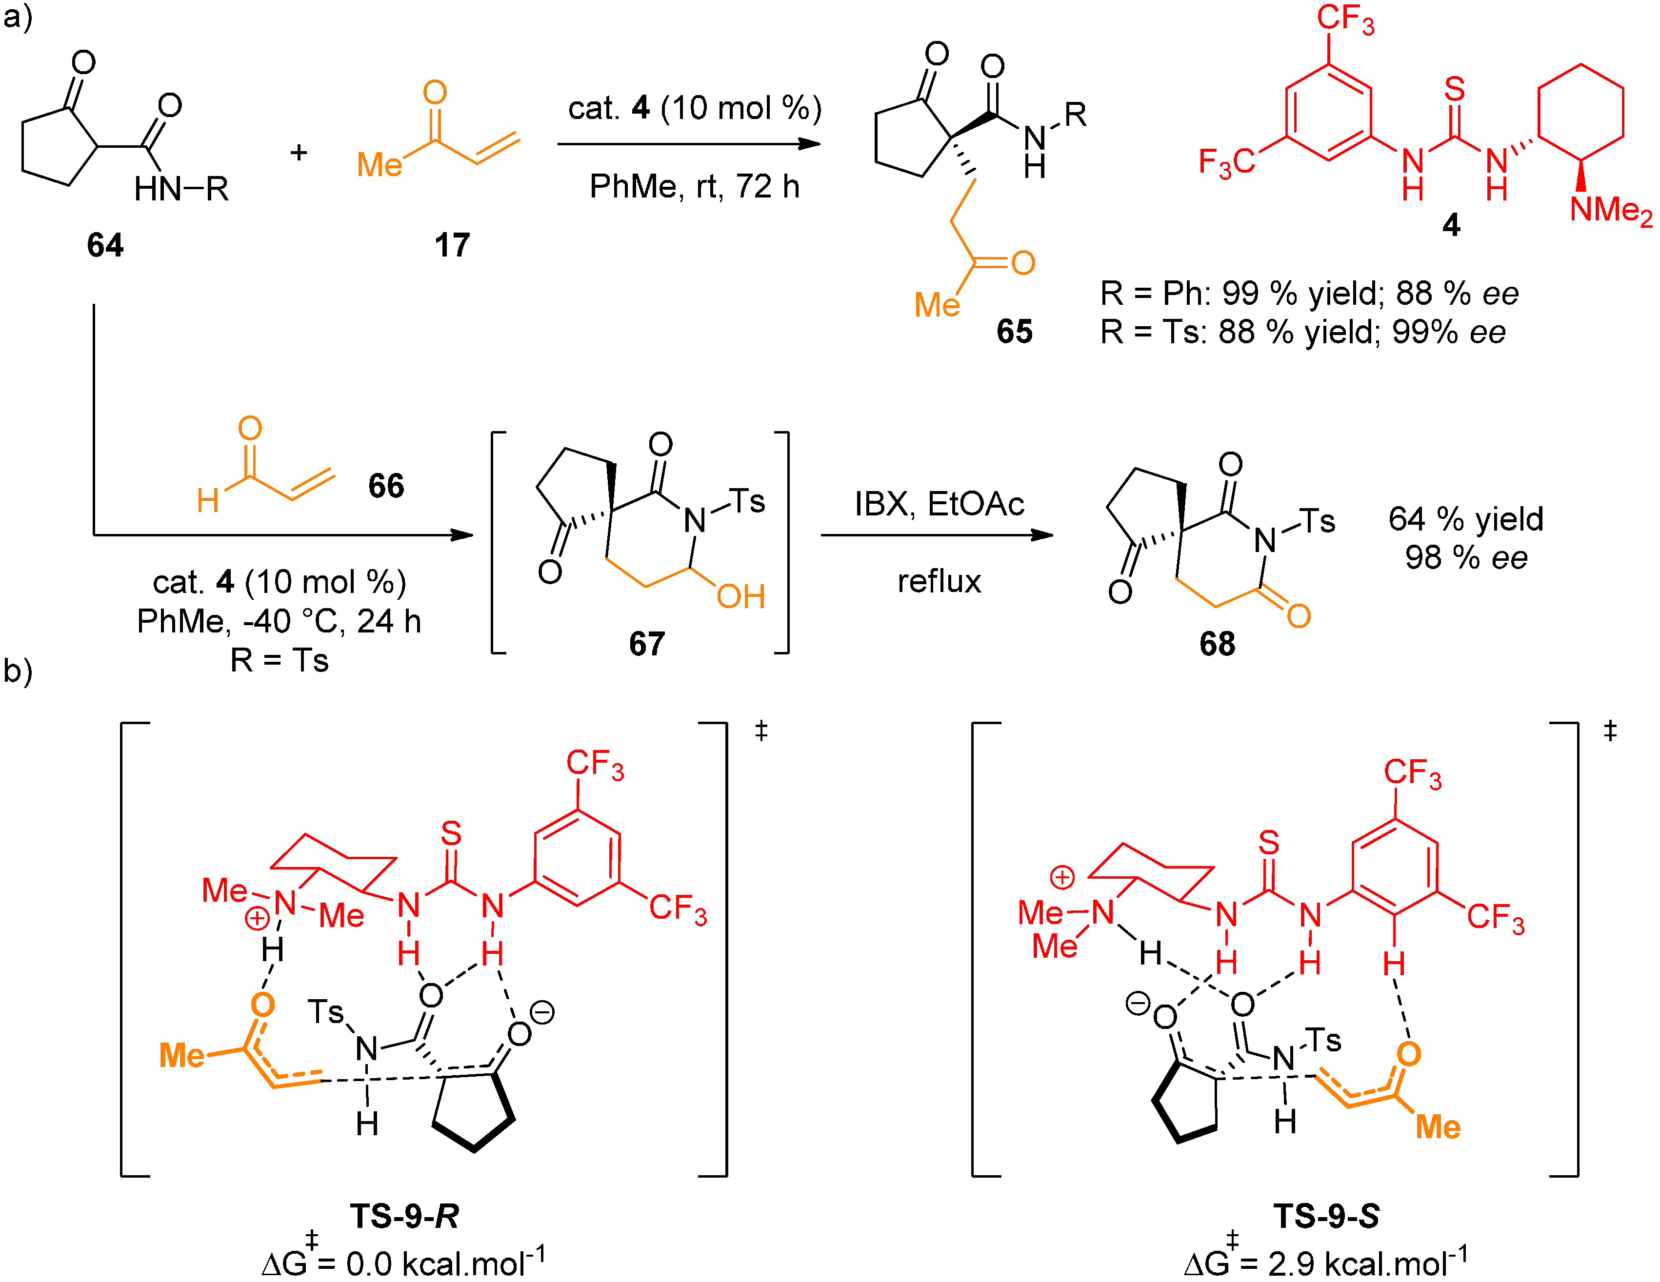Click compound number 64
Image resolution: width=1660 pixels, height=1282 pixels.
105,245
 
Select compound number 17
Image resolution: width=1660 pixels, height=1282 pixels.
452,245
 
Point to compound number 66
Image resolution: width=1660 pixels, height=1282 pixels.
386,486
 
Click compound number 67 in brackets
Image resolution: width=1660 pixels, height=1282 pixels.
647,644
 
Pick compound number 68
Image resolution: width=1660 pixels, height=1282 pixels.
1217,644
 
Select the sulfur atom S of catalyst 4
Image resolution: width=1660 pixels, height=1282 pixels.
1454,90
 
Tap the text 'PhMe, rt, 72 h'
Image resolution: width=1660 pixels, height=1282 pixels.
694,186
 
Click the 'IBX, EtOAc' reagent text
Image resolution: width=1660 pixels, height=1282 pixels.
939,504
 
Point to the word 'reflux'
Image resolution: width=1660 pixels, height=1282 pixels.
939,581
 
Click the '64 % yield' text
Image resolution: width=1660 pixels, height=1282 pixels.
1465,519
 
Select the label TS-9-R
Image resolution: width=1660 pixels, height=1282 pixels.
404,1216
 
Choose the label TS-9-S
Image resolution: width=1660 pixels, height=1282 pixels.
1326,1216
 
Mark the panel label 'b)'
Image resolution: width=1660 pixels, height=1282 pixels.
17,671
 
